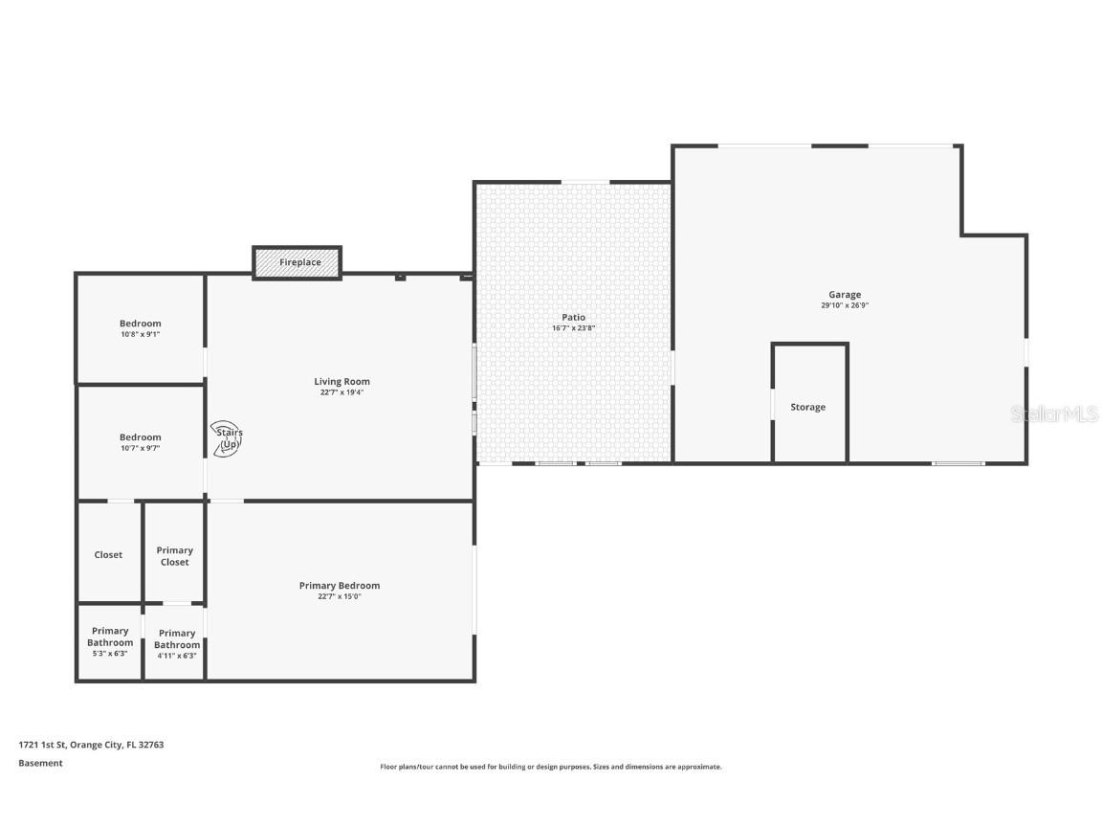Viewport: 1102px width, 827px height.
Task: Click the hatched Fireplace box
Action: pyautogui.click(x=297, y=262)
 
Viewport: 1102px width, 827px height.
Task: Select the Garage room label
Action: pyautogui.click(x=845, y=295)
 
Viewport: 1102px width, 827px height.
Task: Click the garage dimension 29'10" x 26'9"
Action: pyautogui.click(x=845, y=306)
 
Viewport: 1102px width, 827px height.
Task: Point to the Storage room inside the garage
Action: pyautogui.click(x=808, y=407)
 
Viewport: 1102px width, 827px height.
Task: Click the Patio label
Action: pyautogui.click(x=573, y=317)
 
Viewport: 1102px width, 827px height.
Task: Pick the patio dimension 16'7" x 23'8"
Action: pyautogui.click(x=573, y=328)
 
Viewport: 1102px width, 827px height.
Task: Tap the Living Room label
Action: pyautogui.click(x=342, y=382)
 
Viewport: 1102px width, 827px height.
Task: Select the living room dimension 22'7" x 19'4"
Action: pyautogui.click(x=342, y=392)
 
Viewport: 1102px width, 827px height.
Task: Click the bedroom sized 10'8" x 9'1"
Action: pyautogui.click(x=140, y=328)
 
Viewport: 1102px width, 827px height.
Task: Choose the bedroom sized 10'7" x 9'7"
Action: pyautogui.click(x=140, y=442)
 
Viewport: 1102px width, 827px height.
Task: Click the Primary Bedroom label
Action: pyautogui.click(x=340, y=586)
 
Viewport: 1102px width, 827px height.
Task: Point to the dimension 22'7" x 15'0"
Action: pyautogui.click(x=340, y=596)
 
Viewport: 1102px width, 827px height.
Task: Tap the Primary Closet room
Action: pyautogui.click(x=174, y=556)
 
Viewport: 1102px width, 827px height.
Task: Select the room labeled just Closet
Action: pyautogui.click(x=108, y=555)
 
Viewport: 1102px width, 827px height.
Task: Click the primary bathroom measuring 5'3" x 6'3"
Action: pyautogui.click(x=110, y=641)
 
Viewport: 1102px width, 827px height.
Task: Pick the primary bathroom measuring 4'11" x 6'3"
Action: pyautogui.click(x=176, y=644)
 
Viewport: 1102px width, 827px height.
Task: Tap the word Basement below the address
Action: pyautogui.click(x=40, y=763)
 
